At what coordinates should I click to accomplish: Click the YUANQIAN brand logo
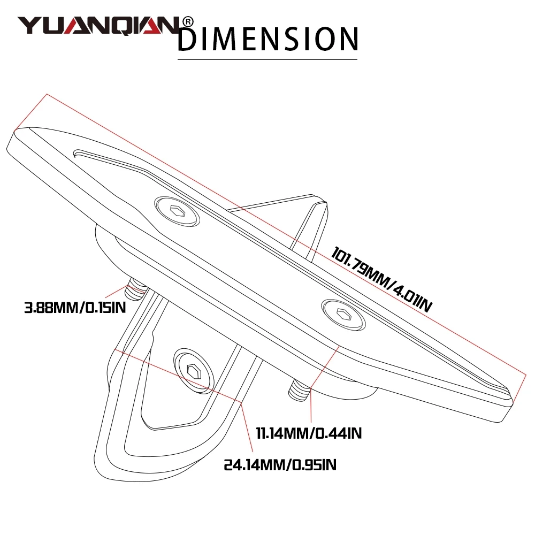click(99, 25)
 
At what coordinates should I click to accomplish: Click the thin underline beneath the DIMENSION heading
click(267, 59)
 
